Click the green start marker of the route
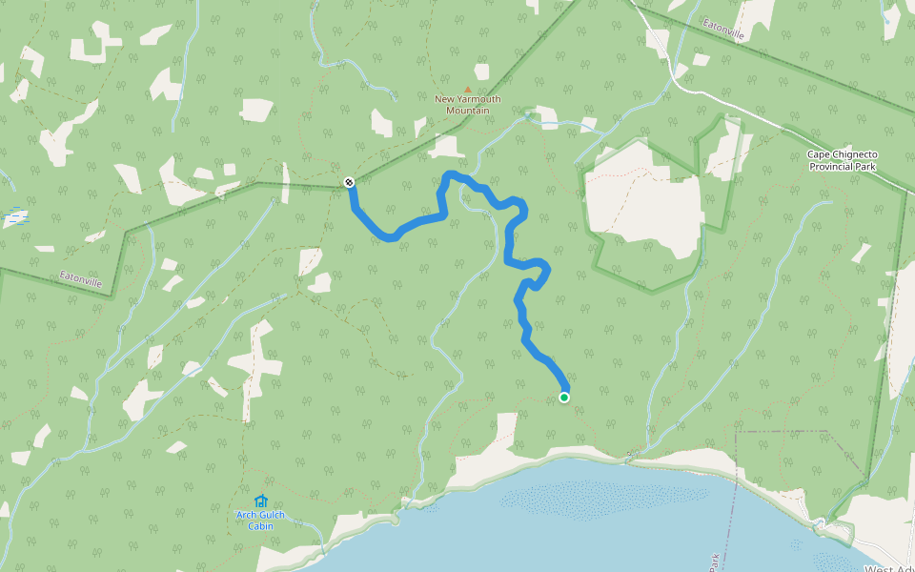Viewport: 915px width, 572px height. (x=564, y=397)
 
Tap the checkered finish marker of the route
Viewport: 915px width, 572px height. (x=349, y=182)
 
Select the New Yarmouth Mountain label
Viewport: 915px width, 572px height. (x=468, y=104)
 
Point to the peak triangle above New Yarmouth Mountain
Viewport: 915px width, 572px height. (x=467, y=89)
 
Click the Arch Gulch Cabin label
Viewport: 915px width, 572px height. (x=260, y=520)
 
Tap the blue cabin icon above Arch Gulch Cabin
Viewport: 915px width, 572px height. (x=260, y=500)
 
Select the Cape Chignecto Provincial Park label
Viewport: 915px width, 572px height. (x=842, y=160)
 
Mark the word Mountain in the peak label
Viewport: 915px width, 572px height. (x=468, y=110)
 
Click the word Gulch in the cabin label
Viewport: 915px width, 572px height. (x=270, y=515)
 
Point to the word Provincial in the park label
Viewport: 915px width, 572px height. (x=831, y=166)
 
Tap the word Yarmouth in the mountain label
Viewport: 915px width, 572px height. (x=479, y=98)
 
